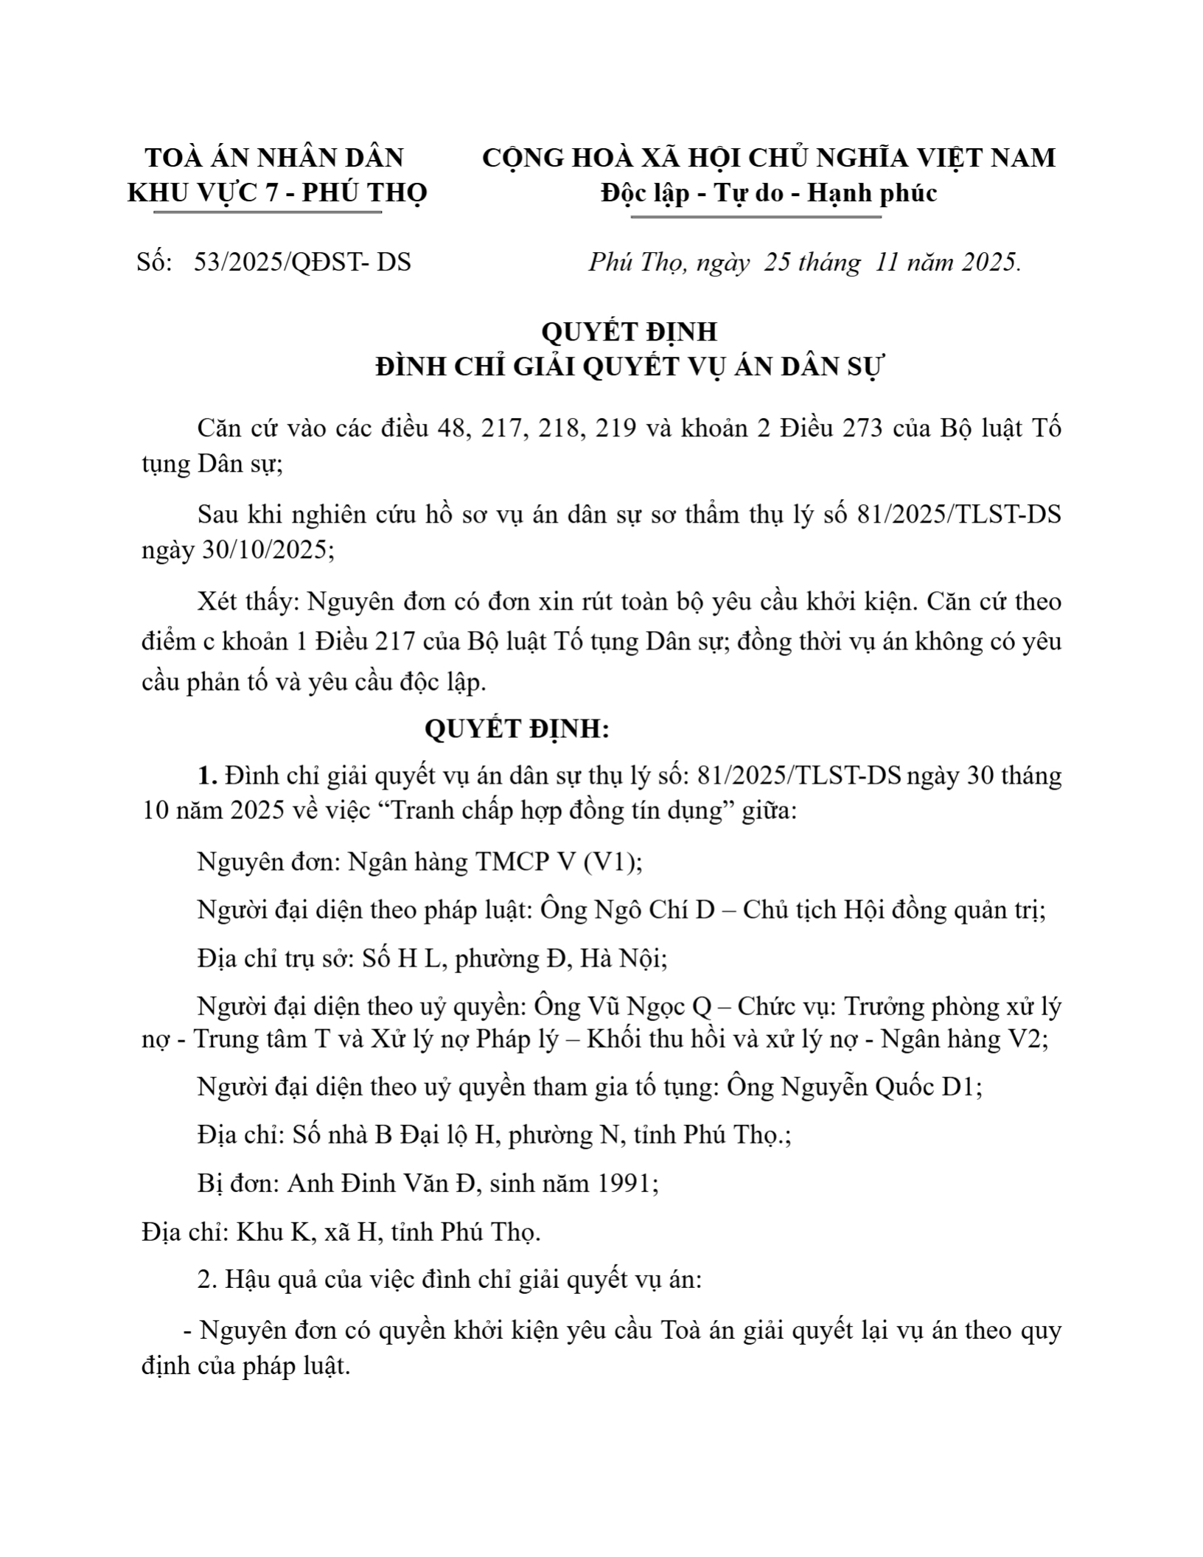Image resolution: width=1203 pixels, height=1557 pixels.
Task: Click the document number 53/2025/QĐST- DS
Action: click(302, 262)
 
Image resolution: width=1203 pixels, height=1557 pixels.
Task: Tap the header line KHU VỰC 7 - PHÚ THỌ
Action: click(277, 193)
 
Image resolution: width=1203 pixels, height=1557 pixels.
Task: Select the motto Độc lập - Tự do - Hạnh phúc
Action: click(769, 193)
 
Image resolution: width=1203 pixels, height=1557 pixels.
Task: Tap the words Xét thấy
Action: click(245, 602)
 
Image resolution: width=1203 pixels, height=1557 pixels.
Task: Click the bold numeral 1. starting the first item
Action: click(207, 776)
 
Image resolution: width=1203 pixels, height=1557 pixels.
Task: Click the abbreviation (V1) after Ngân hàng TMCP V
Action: click(613, 862)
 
